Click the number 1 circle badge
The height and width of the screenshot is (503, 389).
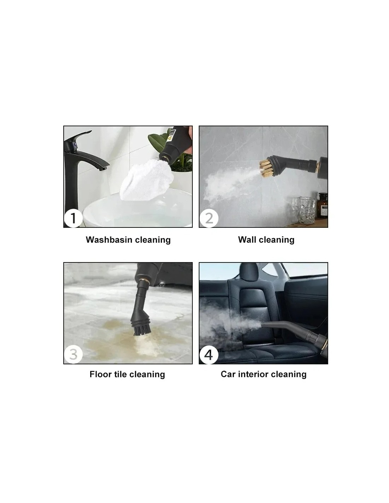coord(73,218)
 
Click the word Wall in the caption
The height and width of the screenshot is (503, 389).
coord(247,239)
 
